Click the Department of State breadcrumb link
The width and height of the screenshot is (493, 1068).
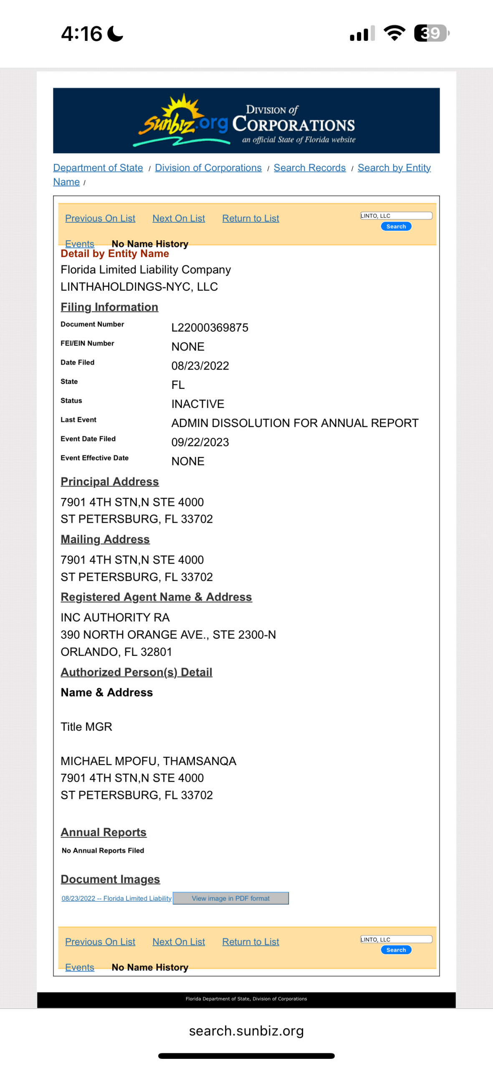pos(98,168)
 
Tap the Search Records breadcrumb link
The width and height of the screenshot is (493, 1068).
pos(309,168)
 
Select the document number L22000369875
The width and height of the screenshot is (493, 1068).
pos(210,327)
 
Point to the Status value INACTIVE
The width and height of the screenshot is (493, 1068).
pos(197,404)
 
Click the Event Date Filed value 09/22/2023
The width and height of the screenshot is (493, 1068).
pos(200,442)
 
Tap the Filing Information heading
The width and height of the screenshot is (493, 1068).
pos(109,307)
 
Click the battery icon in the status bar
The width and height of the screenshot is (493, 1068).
pos(431,33)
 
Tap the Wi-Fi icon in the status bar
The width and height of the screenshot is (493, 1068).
pos(394,33)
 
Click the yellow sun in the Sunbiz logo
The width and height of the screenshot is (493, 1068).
pos(182,108)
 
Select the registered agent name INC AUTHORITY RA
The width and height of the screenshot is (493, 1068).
pos(115,617)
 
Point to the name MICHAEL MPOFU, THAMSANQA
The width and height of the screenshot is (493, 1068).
pos(148,761)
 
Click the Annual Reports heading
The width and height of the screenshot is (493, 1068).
pos(104,832)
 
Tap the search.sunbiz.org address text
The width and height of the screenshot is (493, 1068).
pos(246,1030)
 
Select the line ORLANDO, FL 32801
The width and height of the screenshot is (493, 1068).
pos(116,652)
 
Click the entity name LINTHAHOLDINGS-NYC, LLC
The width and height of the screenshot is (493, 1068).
pos(139,287)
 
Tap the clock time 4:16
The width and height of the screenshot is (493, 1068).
pos(81,34)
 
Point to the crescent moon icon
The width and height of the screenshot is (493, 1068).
pos(115,34)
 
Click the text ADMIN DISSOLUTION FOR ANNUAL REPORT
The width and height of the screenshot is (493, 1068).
pos(295,423)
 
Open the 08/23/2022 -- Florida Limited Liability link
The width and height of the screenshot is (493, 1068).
pos(116,898)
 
